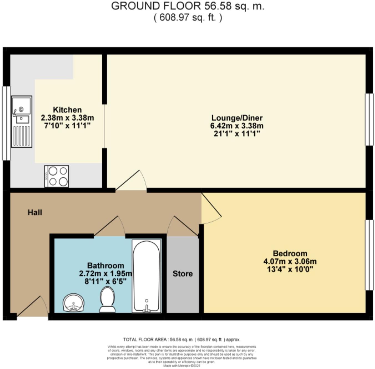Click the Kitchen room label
(67, 110)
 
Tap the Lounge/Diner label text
(237, 118)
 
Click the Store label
(183, 274)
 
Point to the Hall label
(35, 213)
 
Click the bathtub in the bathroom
(146, 276)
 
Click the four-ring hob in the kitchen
(57, 176)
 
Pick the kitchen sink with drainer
(21, 121)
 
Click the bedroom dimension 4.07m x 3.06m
(290, 261)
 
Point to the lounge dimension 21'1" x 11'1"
(237, 134)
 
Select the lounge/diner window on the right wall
(369, 119)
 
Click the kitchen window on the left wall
(6, 123)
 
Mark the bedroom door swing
(211, 208)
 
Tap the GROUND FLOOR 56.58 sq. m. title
(187, 6)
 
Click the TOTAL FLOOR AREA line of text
(182, 340)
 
